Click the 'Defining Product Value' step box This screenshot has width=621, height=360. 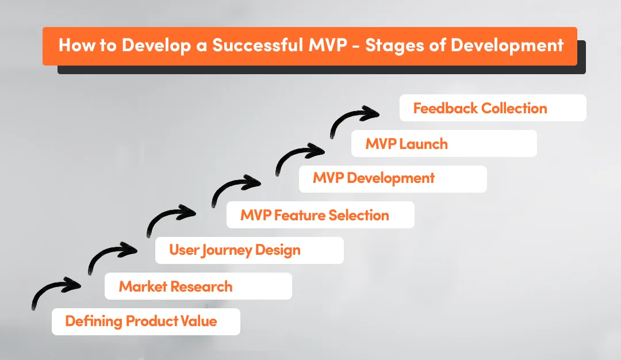tap(145, 321)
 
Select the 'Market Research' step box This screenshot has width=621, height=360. tap(198, 286)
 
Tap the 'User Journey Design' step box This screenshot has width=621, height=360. tap(249, 250)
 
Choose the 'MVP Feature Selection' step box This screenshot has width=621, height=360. tap(320, 215)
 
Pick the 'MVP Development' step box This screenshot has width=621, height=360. tap(392, 179)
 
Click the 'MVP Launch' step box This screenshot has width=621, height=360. tap(443, 143)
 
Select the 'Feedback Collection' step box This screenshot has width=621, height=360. tap(492, 108)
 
